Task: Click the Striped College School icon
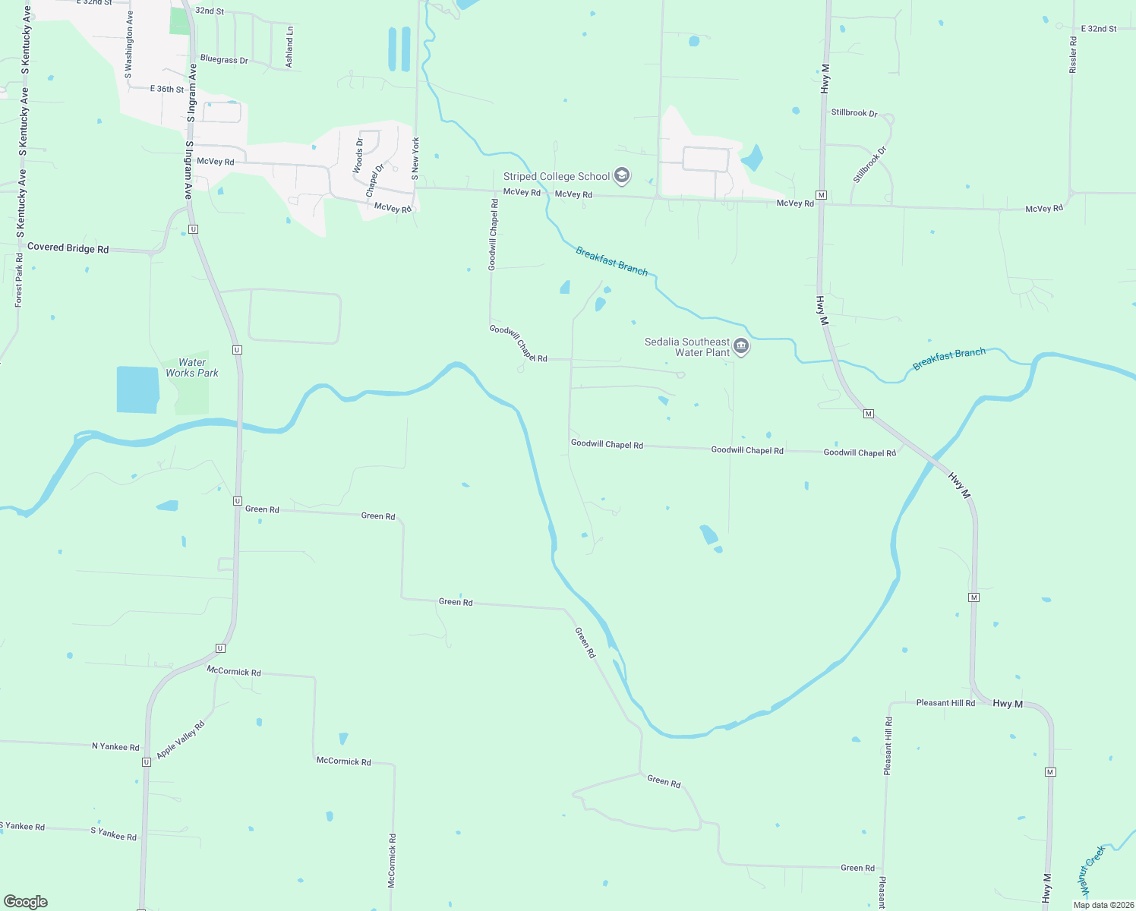(x=622, y=177)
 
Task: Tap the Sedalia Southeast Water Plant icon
(x=741, y=348)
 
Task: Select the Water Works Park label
(x=192, y=368)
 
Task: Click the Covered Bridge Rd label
(x=68, y=248)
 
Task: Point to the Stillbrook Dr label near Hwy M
(x=854, y=113)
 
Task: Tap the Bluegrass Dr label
(x=224, y=59)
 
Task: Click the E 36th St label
(x=167, y=89)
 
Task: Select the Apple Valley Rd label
(x=181, y=739)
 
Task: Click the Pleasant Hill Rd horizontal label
(x=945, y=703)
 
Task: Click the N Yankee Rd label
(x=115, y=746)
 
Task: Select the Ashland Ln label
(x=289, y=47)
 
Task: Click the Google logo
(x=26, y=902)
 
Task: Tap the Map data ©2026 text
(x=1103, y=905)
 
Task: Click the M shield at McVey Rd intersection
(x=821, y=195)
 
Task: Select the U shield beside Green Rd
(x=238, y=501)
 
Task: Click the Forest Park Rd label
(x=19, y=280)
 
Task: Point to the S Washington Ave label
(x=129, y=44)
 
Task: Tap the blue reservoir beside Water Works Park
(x=137, y=389)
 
